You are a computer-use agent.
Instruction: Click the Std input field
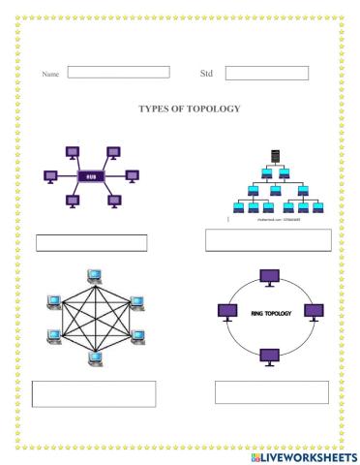[x=266, y=73]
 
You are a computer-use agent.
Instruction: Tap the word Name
[x=50, y=74]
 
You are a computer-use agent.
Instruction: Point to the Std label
[x=205, y=73]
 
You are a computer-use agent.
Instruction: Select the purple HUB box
[x=93, y=177]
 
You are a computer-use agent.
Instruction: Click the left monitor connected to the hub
[x=49, y=177]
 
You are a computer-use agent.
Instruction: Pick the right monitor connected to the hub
[x=136, y=177]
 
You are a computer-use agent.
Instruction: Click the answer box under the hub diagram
[x=92, y=242]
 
